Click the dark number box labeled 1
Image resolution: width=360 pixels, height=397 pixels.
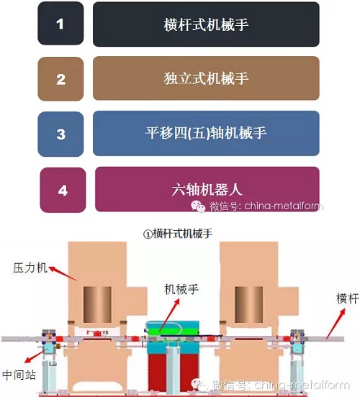click(60, 24)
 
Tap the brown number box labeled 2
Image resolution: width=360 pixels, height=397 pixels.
click(60, 79)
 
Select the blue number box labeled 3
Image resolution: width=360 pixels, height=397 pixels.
click(60, 134)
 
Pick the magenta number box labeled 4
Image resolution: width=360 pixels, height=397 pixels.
click(63, 190)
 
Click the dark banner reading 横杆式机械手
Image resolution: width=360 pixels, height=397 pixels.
click(206, 24)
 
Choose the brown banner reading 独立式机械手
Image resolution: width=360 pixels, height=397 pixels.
click(206, 78)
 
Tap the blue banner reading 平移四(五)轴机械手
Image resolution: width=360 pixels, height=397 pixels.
click(206, 133)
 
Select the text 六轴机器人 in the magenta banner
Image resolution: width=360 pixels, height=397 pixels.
click(207, 189)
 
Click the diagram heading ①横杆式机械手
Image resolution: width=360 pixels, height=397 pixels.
click(178, 234)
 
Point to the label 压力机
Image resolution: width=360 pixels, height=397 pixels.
click(30, 268)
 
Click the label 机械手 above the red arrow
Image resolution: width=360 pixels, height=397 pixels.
click(181, 289)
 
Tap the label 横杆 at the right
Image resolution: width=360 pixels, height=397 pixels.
click(348, 298)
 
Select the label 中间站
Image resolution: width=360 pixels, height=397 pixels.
click(19, 375)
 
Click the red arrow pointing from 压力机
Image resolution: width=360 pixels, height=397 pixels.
click(63, 273)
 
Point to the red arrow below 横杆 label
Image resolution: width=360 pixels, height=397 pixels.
click(336, 324)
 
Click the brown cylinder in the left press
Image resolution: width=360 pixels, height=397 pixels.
click(97, 305)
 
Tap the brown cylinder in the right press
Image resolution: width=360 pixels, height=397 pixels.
click(249, 305)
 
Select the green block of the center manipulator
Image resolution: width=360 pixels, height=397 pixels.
click(171, 329)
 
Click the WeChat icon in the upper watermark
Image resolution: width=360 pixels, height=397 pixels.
click(198, 206)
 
